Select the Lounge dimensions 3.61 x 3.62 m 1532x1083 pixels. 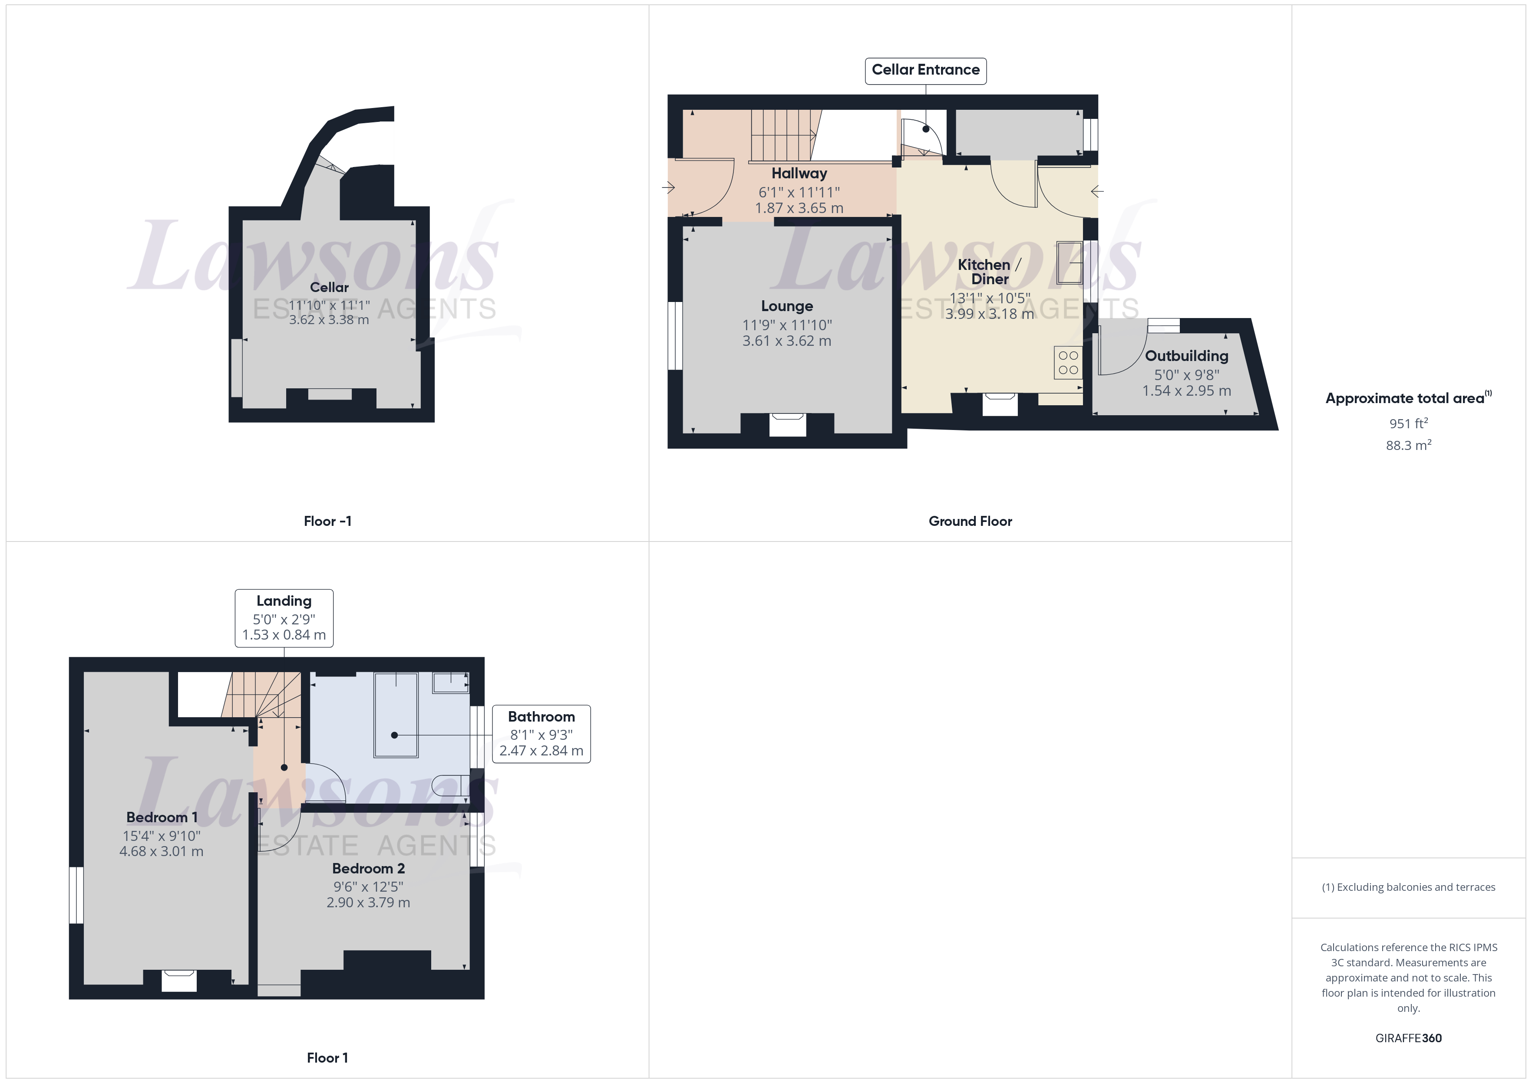click(x=787, y=341)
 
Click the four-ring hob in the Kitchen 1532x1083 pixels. click(x=1068, y=363)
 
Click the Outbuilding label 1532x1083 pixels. click(x=1186, y=356)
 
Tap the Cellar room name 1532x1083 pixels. click(x=329, y=287)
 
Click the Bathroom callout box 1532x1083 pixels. click(x=541, y=734)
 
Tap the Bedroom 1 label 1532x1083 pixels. click(x=162, y=817)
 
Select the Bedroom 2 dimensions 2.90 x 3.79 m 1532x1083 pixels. click(x=368, y=902)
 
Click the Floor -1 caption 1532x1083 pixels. click(x=327, y=522)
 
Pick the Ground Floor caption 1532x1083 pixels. click(x=970, y=522)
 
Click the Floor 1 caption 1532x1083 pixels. click(x=327, y=1058)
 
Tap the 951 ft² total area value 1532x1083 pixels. click(x=1408, y=423)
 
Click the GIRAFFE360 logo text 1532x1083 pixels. click(x=1408, y=1038)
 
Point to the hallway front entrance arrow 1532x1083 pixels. click(x=668, y=187)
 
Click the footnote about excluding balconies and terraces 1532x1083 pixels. click(x=1408, y=887)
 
